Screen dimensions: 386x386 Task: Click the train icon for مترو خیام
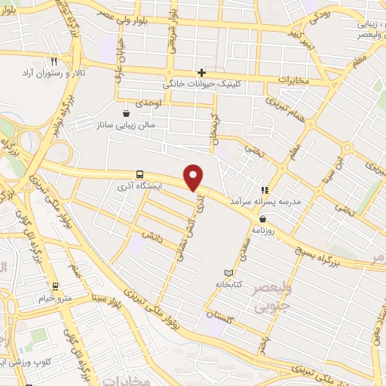click(54, 286)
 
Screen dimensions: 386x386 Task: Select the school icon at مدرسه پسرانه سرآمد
click(263, 190)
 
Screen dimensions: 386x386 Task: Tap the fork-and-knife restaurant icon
click(53, 61)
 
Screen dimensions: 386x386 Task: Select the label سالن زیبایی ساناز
click(124, 124)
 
